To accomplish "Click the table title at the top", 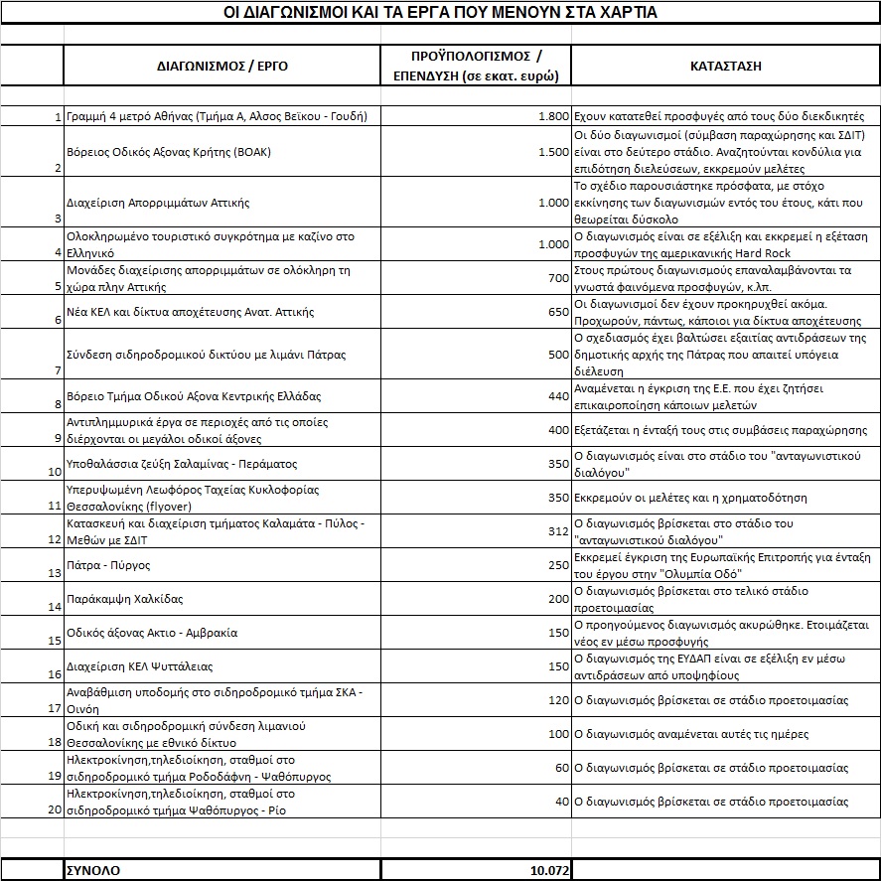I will pyautogui.click(x=440, y=13).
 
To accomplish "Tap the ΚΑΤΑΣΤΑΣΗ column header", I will pyautogui.click(x=725, y=67).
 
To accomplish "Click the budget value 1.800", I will pyautogui.click(x=553, y=116).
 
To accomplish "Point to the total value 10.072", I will pyautogui.click(x=549, y=870).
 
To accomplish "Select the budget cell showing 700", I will pyautogui.click(x=558, y=278).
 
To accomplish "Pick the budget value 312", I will pyautogui.click(x=558, y=531).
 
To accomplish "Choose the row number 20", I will pyautogui.click(x=55, y=809).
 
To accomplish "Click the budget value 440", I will pyautogui.click(x=558, y=396).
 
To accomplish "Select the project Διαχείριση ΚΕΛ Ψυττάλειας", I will pyautogui.click(x=139, y=666).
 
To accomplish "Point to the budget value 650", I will pyautogui.click(x=558, y=312).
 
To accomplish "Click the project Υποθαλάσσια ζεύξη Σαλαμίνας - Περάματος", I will pyautogui.click(x=181, y=464).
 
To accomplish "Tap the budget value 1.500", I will pyautogui.click(x=553, y=152).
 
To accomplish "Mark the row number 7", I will pyautogui.click(x=58, y=370).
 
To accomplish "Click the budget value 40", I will pyautogui.click(x=562, y=802).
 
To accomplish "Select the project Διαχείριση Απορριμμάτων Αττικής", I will pyautogui.click(x=157, y=203).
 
